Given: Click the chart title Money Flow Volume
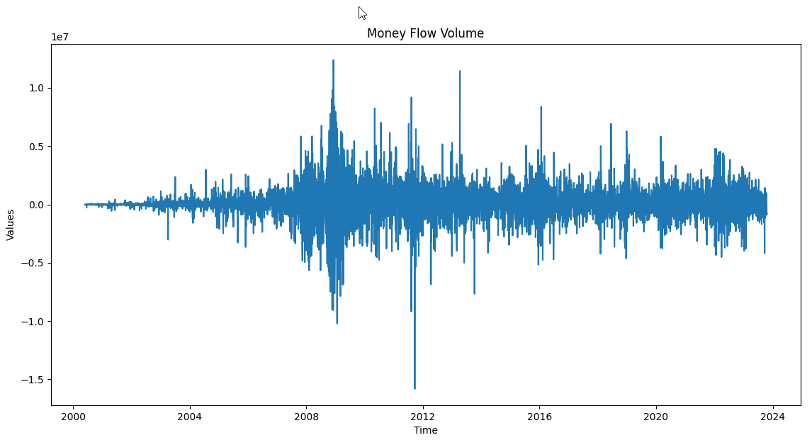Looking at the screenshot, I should (425, 33).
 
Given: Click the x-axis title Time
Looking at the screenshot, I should (425, 430).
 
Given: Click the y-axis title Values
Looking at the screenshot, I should (11, 225).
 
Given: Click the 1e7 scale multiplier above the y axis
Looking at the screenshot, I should (60, 38).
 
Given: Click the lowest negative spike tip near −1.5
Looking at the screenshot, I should (415, 388).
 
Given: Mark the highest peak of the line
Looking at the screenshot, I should (333, 60).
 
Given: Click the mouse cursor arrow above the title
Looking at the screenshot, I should (361, 12).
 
